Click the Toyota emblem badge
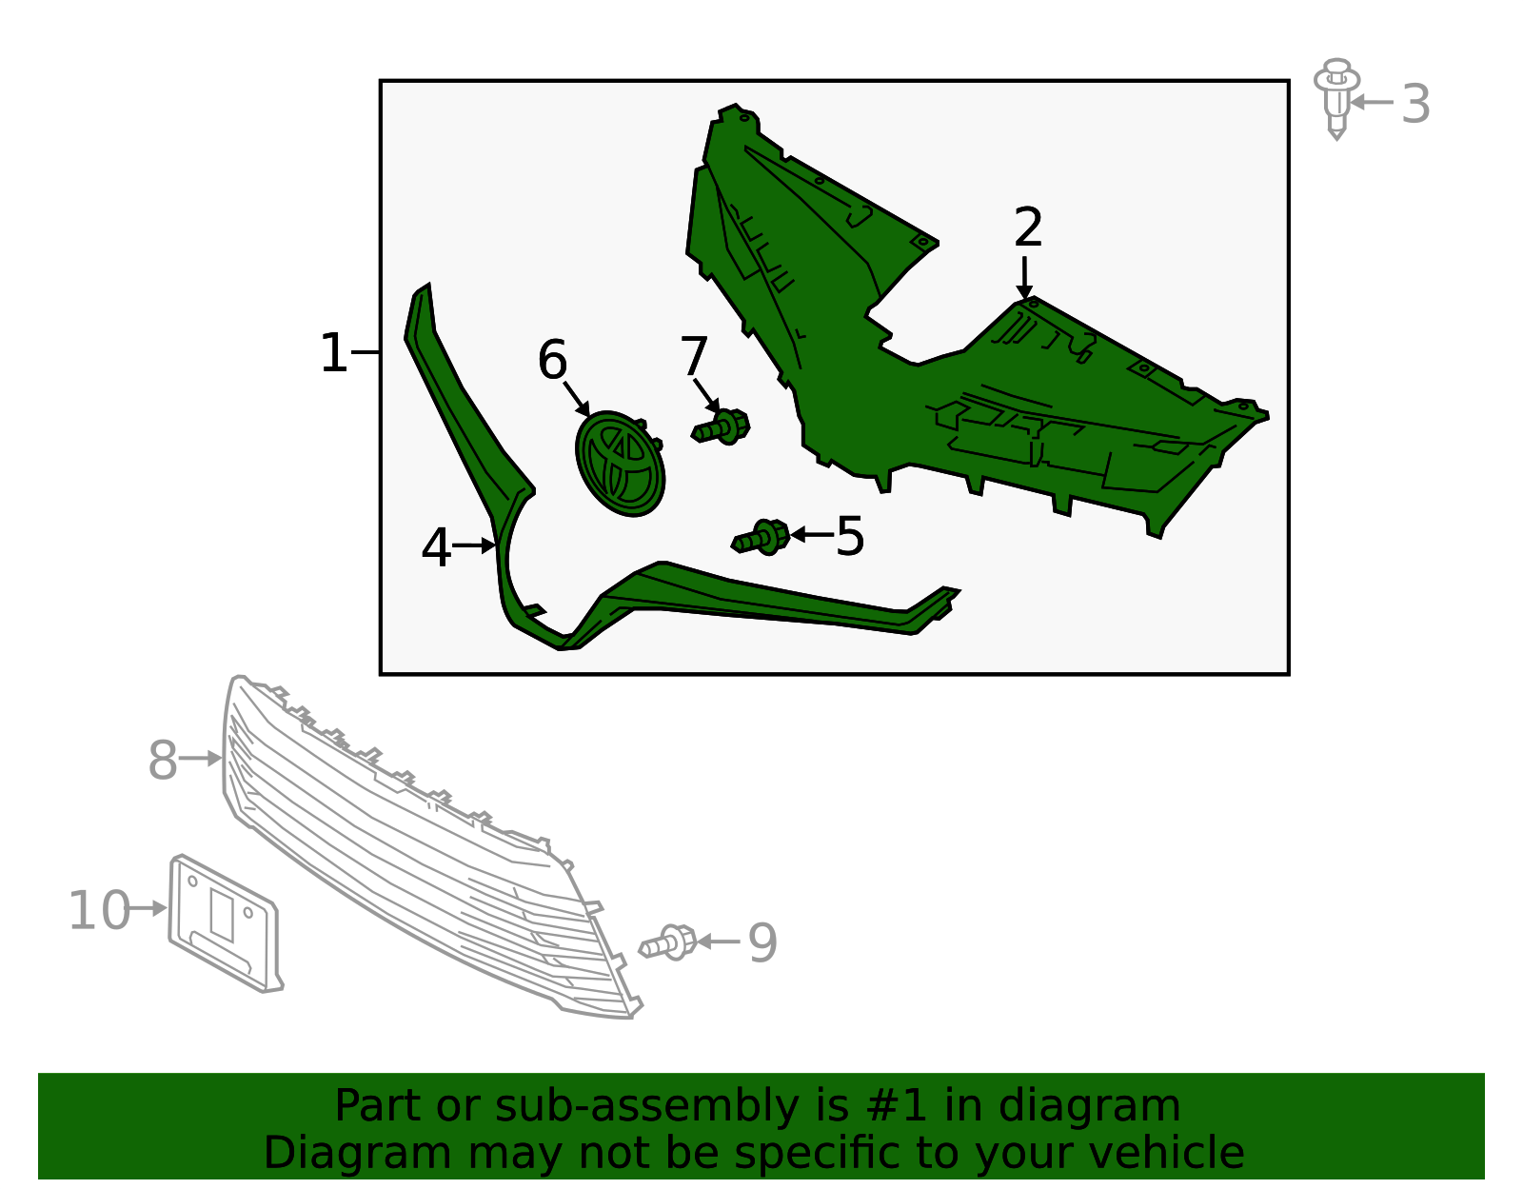621,463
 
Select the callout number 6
552,360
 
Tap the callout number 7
694,356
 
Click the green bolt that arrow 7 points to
722,426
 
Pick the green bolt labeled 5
761,538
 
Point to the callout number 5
850,536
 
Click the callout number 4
436,548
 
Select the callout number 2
1028,227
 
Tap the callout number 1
334,353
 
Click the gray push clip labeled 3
1336,99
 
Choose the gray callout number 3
1415,105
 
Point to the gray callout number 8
163,761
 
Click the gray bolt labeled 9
668,942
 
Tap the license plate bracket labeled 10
226,923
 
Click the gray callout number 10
100,911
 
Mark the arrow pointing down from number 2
1024,278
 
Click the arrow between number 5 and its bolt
812,535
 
